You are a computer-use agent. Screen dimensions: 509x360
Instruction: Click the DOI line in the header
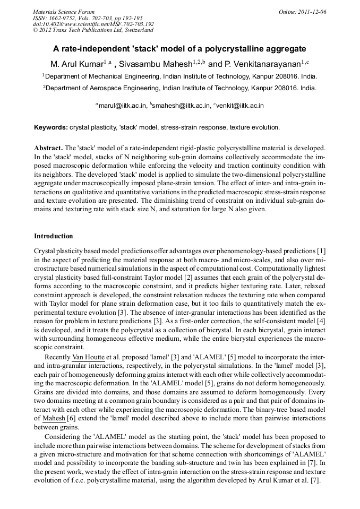pos(93,24)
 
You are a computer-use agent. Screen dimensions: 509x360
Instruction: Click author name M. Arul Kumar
pos(76,64)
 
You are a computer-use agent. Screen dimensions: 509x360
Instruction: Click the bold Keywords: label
pos(51,128)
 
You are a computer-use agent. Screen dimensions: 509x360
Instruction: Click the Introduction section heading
pos(54,236)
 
